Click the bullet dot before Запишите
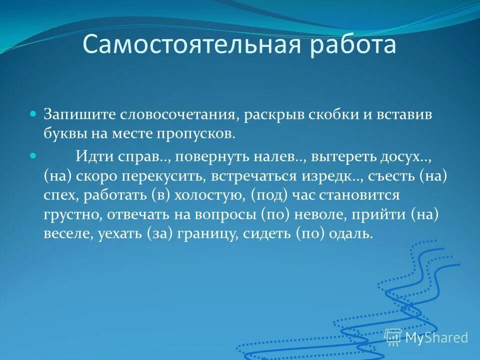click(x=33, y=114)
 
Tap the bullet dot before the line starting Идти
click(x=33, y=156)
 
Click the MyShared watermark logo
click(x=426, y=337)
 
